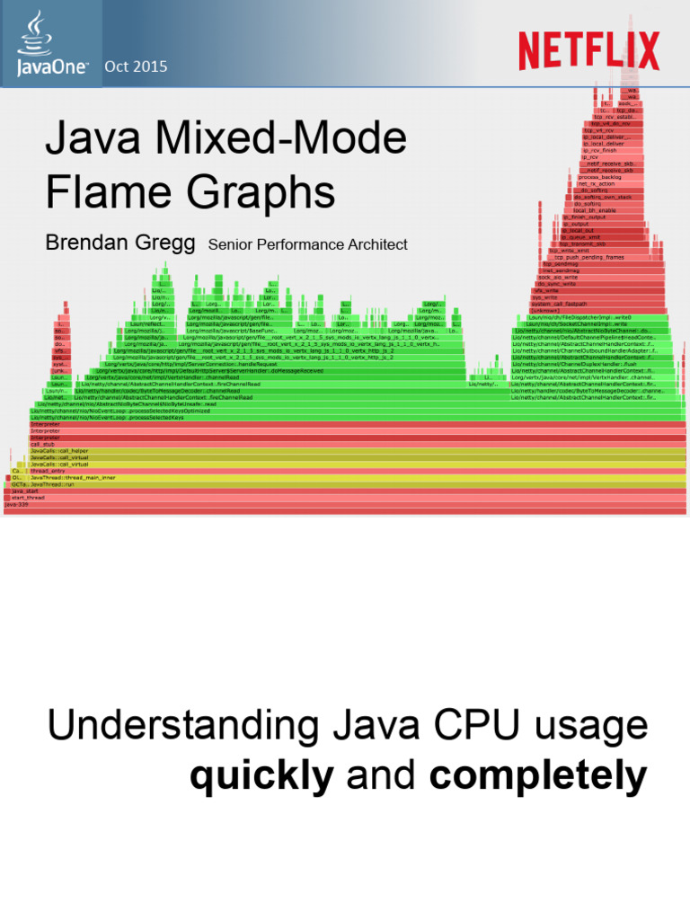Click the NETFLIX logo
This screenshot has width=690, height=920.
pos(588,50)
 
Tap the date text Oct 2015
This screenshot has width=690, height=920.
pos(136,66)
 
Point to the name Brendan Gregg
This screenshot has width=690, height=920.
pos(119,243)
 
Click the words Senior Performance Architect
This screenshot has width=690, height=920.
pos(307,244)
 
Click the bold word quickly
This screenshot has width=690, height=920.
pos(261,774)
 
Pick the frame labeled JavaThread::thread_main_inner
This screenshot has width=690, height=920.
pos(72,477)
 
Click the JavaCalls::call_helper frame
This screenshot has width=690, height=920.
pos(59,451)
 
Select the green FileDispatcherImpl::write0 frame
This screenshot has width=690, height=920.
pos(579,317)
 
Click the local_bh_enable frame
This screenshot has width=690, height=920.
pos(595,210)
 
